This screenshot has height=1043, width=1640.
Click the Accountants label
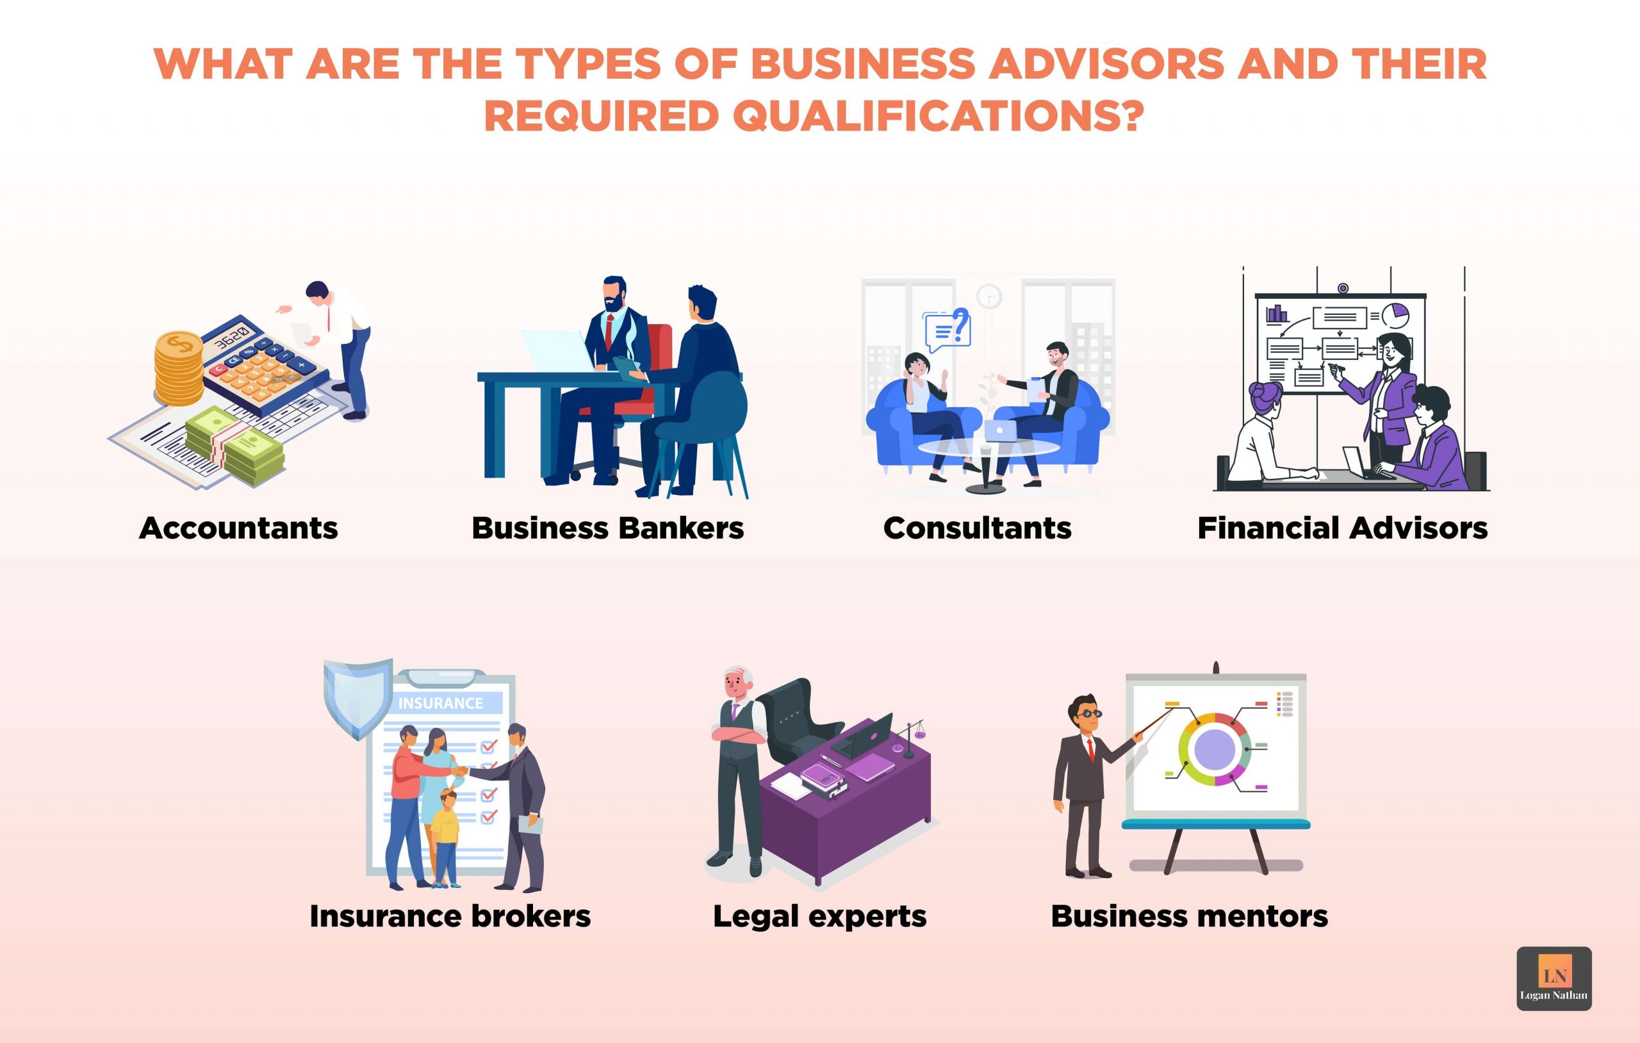238,528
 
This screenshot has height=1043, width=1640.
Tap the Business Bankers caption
607,528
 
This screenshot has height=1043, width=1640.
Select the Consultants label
978,528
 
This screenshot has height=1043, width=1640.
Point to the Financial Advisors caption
1342,528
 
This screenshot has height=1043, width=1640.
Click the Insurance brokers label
450,916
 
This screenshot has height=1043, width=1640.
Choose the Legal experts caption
819,916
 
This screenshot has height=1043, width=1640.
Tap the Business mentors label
1189,916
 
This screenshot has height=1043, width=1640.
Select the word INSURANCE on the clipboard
440,703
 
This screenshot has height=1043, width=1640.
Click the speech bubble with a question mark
947,329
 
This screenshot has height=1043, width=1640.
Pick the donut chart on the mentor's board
1215,749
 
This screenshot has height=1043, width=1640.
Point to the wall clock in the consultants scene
988,296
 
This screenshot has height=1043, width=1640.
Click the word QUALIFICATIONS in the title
937,116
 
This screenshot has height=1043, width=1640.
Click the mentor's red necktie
1090,750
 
